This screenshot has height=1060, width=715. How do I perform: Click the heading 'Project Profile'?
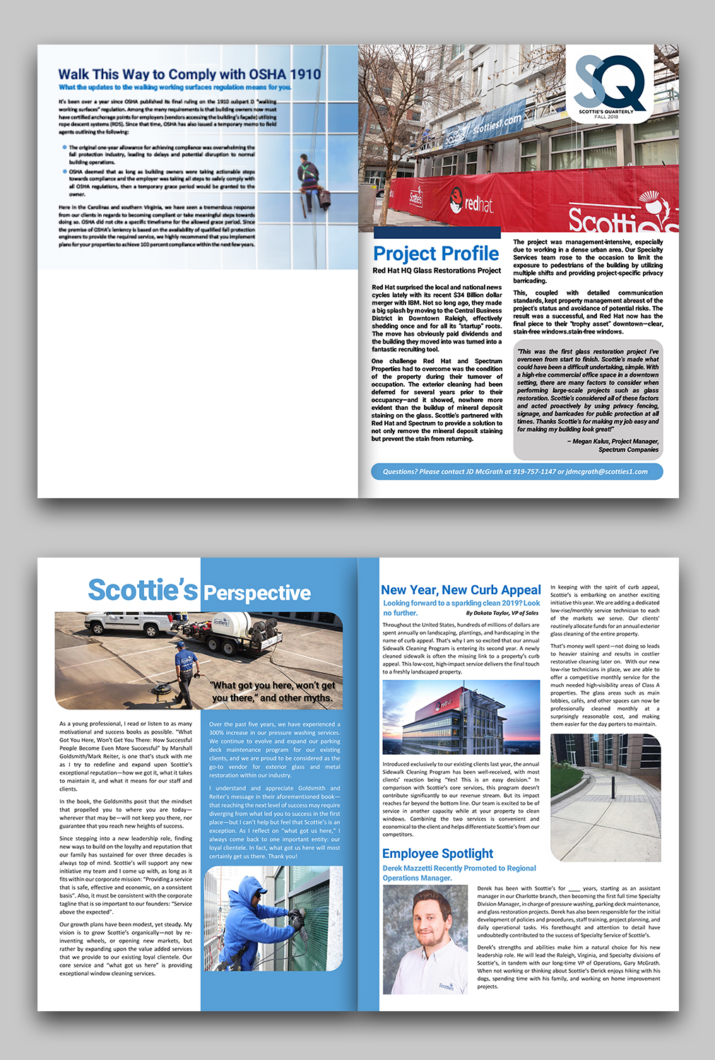click(436, 254)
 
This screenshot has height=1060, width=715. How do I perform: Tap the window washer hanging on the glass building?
click(308, 183)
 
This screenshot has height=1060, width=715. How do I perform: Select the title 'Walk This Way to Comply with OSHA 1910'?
click(189, 74)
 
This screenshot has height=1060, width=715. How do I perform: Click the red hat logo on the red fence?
click(472, 204)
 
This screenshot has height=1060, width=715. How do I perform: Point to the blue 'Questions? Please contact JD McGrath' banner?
click(516, 471)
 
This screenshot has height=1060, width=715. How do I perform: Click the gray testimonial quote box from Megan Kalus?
click(587, 399)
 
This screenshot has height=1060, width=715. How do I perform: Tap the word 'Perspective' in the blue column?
click(257, 593)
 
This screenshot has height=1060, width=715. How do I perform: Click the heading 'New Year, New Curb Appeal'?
click(461, 590)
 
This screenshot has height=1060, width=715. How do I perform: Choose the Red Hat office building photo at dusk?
click(461, 717)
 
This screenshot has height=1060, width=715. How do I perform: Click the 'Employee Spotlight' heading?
click(437, 854)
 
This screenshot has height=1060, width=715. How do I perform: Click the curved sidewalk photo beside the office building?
click(605, 796)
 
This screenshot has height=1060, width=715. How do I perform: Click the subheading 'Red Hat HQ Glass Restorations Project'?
click(437, 271)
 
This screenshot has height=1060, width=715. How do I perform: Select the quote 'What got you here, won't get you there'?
click(273, 692)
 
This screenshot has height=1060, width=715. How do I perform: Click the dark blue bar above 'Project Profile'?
click(437, 232)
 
